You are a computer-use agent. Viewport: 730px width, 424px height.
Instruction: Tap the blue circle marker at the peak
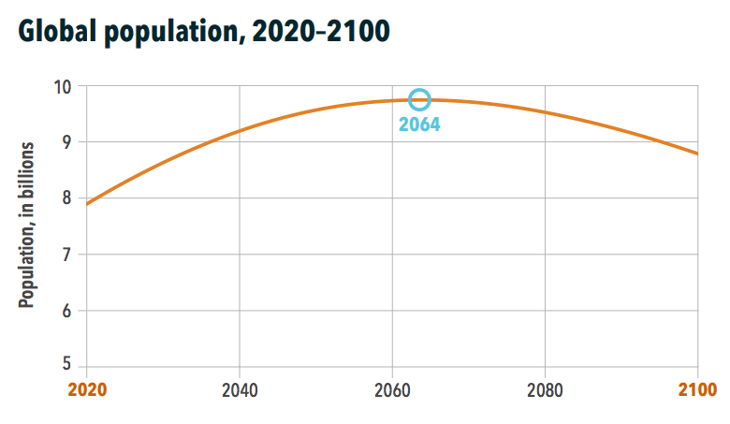click(x=419, y=99)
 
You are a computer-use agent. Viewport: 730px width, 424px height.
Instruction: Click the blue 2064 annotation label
click(x=419, y=124)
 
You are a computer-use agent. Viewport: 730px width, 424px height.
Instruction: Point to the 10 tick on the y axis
click(x=63, y=87)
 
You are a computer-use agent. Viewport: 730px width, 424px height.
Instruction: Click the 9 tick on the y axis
click(x=67, y=142)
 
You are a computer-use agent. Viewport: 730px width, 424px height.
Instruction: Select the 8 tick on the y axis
click(x=67, y=198)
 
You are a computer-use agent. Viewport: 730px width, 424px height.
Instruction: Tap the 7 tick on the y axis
click(x=67, y=255)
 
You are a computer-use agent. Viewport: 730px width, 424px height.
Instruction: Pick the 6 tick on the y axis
click(x=67, y=311)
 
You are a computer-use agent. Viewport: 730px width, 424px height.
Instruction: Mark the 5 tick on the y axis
click(x=67, y=366)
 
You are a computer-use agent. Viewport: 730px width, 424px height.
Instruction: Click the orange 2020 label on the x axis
click(x=87, y=390)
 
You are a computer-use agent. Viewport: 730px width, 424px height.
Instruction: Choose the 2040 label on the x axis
click(x=241, y=390)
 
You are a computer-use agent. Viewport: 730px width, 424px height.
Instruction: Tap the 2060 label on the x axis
click(x=393, y=390)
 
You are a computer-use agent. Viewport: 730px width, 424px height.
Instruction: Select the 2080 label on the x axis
click(x=546, y=390)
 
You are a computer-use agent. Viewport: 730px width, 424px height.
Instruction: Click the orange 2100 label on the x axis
click(x=697, y=390)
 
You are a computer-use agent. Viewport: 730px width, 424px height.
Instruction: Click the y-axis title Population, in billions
click(x=27, y=226)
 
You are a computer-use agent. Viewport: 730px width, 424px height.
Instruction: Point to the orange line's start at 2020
click(x=87, y=203)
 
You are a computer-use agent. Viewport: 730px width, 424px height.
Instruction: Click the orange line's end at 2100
click(x=697, y=154)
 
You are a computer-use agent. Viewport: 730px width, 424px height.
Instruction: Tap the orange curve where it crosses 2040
click(x=241, y=130)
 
